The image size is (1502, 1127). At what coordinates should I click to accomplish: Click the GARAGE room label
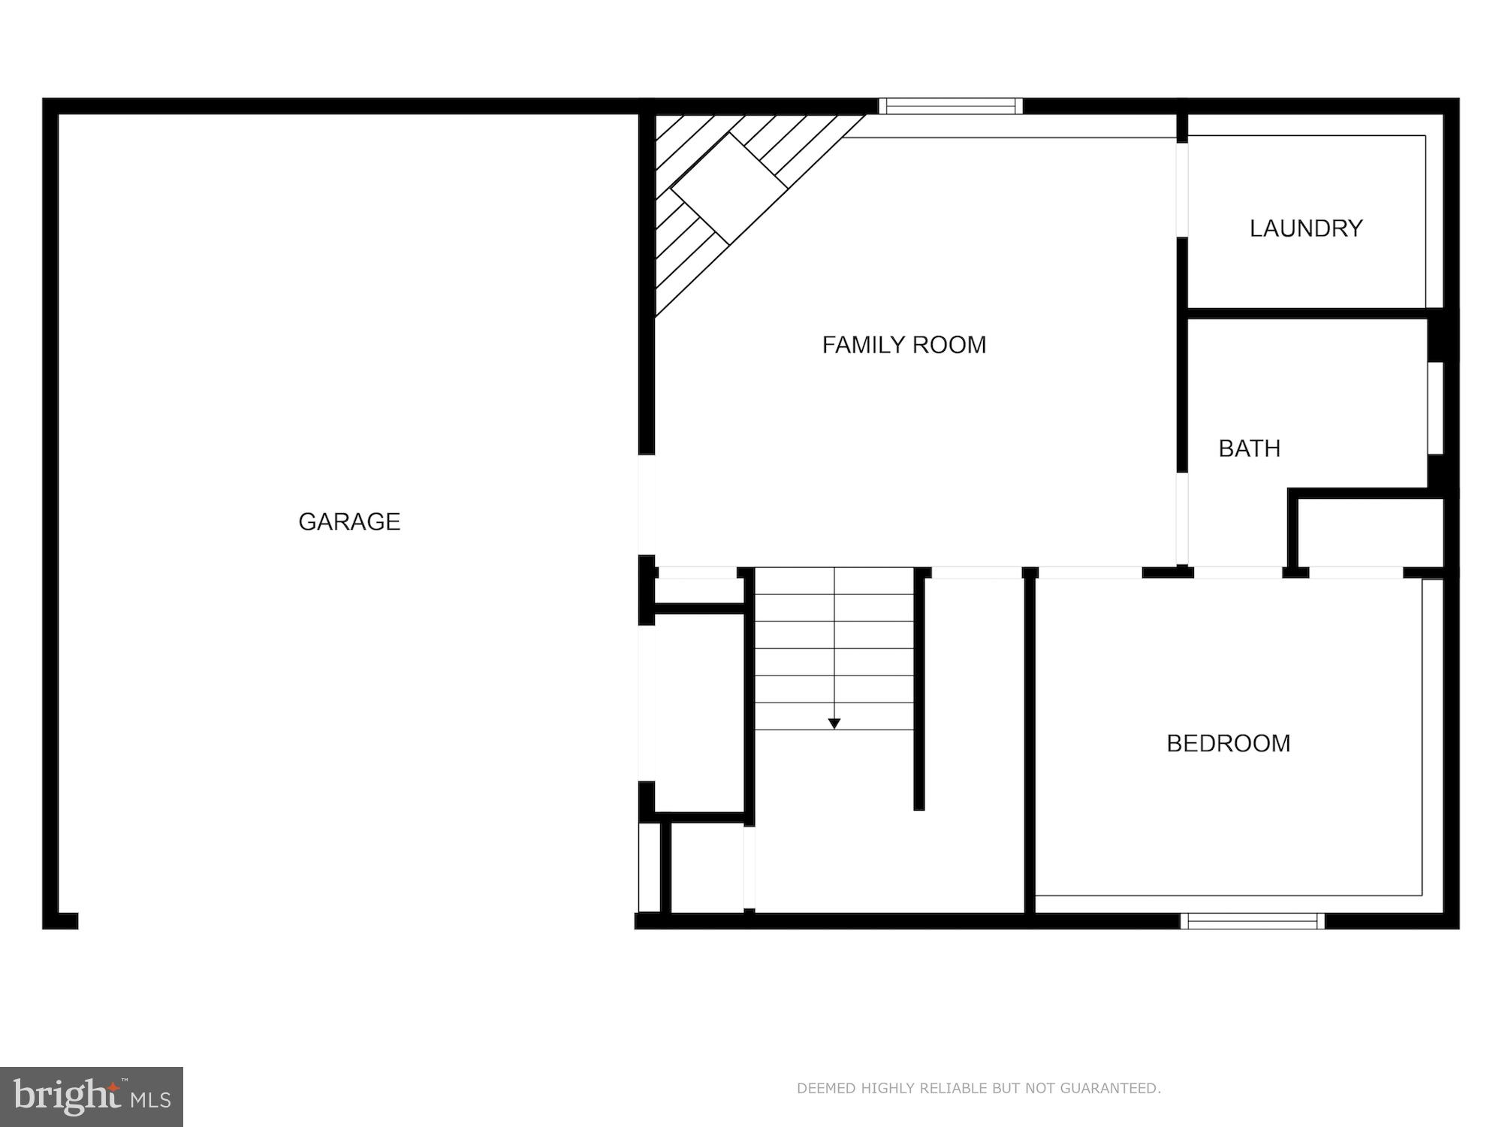click(349, 521)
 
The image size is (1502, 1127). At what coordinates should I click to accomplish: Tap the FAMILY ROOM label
click(903, 345)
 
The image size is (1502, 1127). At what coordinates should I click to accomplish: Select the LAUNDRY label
click(1305, 228)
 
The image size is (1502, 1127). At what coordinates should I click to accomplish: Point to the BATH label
click(1249, 449)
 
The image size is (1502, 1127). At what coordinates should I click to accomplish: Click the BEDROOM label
click(1228, 743)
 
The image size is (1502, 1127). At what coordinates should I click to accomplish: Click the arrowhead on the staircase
click(834, 724)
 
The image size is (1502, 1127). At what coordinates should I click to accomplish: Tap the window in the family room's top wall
click(951, 106)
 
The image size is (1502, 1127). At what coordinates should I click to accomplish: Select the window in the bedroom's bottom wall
click(1252, 920)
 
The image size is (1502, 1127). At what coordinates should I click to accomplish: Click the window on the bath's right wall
click(1435, 408)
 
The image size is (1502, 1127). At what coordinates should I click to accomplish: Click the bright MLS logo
click(92, 1096)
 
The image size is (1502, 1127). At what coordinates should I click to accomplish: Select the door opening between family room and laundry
click(1181, 189)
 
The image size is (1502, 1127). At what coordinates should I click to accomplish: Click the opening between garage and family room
click(646, 504)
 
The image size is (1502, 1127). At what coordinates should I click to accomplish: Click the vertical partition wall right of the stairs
click(918, 687)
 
